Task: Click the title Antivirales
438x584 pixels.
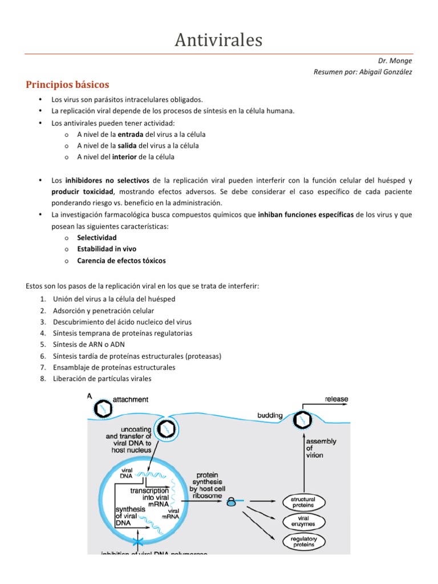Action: [x=218, y=40]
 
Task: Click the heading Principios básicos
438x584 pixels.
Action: [x=67, y=85]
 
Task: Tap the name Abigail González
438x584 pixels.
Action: [x=384, y=72]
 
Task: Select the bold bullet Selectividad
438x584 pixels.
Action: [x=96, y=237]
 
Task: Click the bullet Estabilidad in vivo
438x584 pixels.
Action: [x=106, y=249]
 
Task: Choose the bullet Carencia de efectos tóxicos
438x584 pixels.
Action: [x=121, y=261]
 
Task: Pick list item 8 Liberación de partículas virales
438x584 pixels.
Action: [x=102, y=379]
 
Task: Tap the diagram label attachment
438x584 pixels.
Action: [x=131, y=400]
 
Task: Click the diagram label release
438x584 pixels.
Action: [x=336, y=399]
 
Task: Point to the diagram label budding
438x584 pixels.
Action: [x=270, y=416]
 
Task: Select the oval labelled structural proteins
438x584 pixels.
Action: [x=307, y=502]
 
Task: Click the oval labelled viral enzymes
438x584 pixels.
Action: [x=307, y=521]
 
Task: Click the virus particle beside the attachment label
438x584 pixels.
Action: [x=103, y=407]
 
